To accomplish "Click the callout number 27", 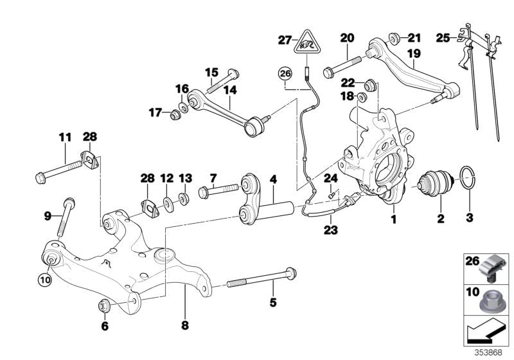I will point(284,40).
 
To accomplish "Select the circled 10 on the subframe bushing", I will point(44,279).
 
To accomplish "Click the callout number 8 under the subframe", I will point(185,325).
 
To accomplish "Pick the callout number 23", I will point(330,229).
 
